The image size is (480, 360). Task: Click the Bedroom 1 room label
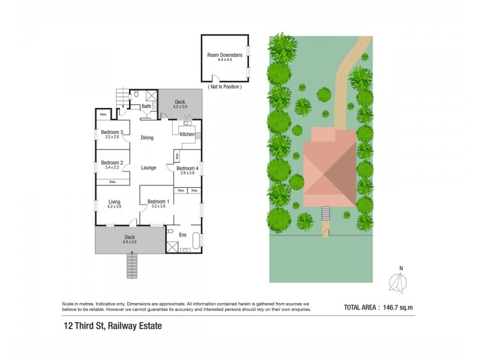click(158, 201)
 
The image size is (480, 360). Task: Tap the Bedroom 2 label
click(112, 163)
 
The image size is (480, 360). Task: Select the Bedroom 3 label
click(112, 133)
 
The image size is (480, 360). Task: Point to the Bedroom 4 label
click(187, 169)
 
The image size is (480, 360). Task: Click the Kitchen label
click(187, 134)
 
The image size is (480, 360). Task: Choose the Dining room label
click(147, 138)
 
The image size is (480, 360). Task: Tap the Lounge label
click(148, 168)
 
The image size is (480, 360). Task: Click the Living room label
click(114, 202)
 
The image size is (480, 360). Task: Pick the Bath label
click(146, 107)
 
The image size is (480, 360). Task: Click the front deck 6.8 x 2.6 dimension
click(130, 242)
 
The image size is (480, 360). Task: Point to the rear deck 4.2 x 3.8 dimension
click(180, 107)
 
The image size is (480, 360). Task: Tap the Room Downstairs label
click(224, 55)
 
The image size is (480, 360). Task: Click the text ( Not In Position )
click(224, 87)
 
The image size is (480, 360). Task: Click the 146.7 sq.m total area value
click(398, 308)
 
